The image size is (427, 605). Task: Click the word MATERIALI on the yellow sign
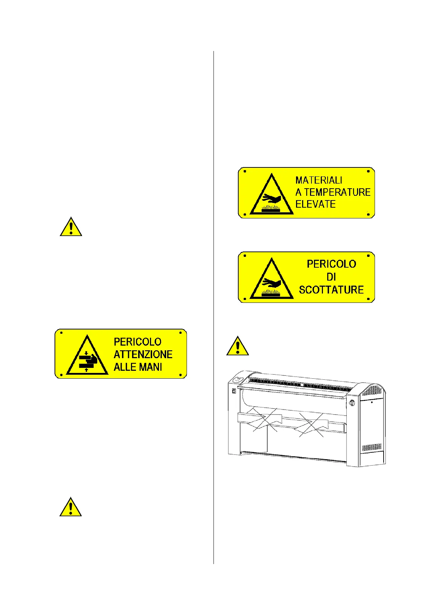[x=319, y=180]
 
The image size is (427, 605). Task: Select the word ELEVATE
[x=315, y=204]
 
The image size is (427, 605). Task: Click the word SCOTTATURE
[x=331, y=290]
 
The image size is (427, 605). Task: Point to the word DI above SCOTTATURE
[x=331, y=277]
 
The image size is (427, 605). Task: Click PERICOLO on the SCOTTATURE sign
[x=331, y=264]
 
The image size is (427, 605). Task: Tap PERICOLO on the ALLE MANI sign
[x=137, y=342]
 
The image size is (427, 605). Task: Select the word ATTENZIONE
[x=143, y=354]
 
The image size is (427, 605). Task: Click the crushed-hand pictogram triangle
[x=87, y=356]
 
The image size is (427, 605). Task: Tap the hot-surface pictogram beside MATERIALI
[x=272, y=196]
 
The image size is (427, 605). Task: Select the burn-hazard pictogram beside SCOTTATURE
[x=272, y=280]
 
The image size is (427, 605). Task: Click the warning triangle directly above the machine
[x=238, y=346]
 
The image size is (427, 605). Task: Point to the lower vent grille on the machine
[x=372, y=448]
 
